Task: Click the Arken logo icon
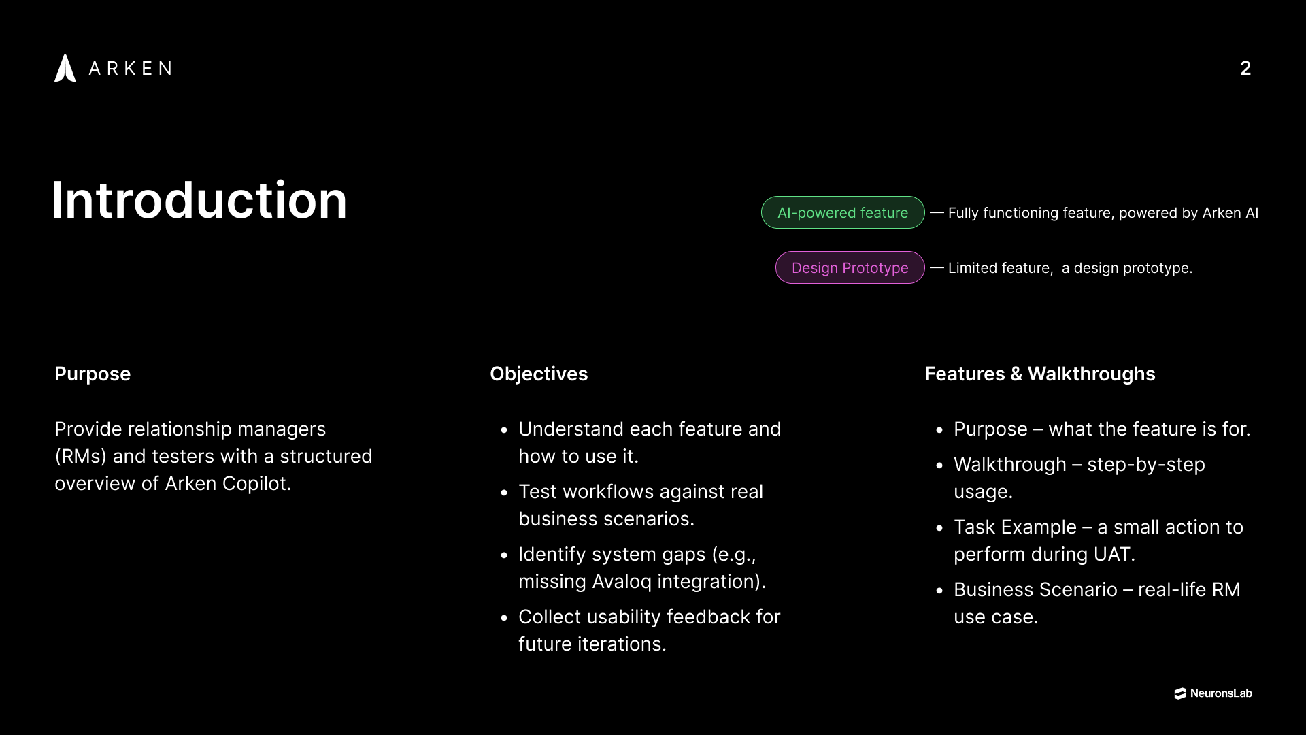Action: pyautogui.click(x=65, y=68)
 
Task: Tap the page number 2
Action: pyautogui.click(x=1245, y=68)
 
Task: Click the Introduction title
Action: pyautogui.click(x=199, y=200)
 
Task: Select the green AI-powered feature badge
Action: pyautogui.click(x=843, y=212)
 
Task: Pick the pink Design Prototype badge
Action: pyautogui.click(x=850, y=267)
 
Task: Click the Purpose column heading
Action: pyautogui.click(x=93, y=374)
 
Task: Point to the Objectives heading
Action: pyautogui.click(x=539, y=374)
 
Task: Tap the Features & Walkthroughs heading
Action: pyautogui.click(x=1040, y=374)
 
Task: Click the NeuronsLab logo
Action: pyautogui.click(x=1213, y=693)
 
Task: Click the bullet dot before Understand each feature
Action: pyautogui.click(x=504, y=430)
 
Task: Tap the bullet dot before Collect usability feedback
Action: pyautogui.click(x=504, y=618)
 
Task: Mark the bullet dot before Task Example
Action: pyautogui.click(x=939, y=528)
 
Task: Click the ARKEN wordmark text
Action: pyautogui.click(x=130, y=68)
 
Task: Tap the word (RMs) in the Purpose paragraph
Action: pyautogui.click(x=81, y=456)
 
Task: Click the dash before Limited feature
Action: pyautogui.click(x=937, y=267)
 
